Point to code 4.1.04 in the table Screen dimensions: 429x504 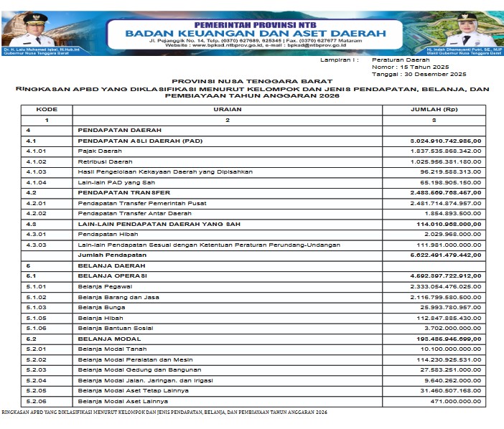click(36, 182)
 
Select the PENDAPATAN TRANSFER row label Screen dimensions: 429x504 click(123, 193)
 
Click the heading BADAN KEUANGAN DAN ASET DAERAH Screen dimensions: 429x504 click(255, 33)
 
